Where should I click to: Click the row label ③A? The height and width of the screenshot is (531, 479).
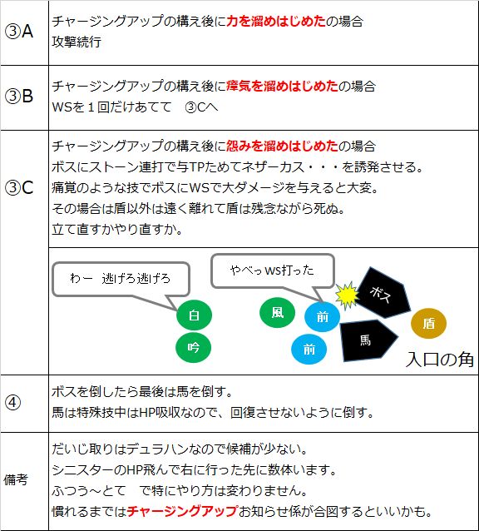(x=19, y=32)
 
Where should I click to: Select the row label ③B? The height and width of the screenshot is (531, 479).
(x=19, y=96)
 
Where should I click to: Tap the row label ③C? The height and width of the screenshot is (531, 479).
(x=19, y=187)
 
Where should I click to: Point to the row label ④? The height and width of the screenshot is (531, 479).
(x=12, y=403)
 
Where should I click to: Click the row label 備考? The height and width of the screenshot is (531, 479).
(x=16, y=479)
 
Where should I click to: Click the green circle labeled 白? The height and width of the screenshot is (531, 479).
(x=194, y=315)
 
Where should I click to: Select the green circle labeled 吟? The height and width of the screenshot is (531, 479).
(x=193, y=347)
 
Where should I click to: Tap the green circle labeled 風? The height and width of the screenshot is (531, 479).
(x=277, y=312)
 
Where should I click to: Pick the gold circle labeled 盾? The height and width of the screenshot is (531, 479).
(x=428, y=324)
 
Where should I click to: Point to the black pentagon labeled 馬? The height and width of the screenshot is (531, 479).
(x=367, y=340)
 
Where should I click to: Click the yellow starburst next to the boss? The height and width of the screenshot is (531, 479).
(x=347, y=295)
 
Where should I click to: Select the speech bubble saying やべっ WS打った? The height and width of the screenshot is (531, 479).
(x=273, y=271)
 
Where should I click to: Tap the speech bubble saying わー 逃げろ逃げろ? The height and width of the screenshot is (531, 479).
(x=121, y=279)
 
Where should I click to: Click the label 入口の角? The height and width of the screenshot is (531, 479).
(x=439, y=360)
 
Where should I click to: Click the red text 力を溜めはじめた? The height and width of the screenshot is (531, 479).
(x=276, y=22)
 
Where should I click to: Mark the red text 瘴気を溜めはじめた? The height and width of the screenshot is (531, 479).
(x=282, y=86)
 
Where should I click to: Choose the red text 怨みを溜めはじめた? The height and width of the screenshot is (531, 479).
(x=282, y=146)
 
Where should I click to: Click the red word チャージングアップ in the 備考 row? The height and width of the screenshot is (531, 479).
(x=182, y=511)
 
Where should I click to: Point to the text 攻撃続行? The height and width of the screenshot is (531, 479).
(x=77, y=42)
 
